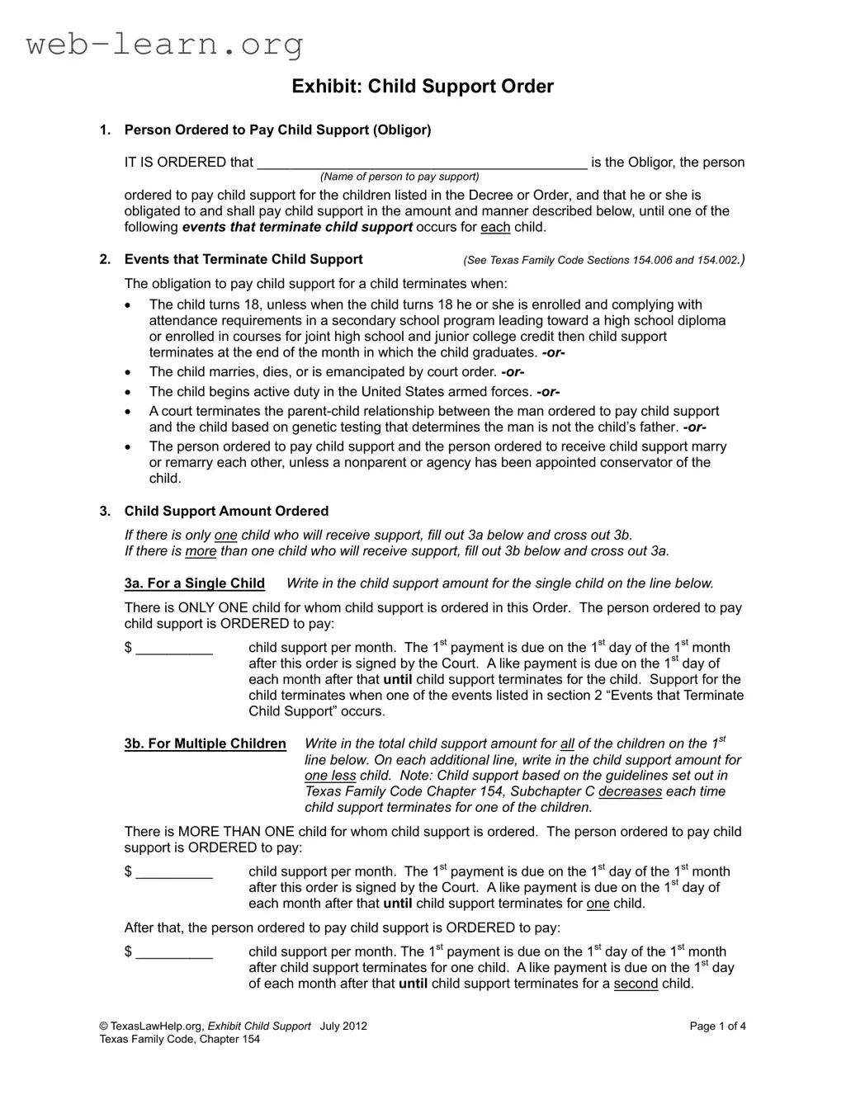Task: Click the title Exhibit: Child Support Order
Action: point(423,87)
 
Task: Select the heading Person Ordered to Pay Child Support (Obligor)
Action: point(277,130)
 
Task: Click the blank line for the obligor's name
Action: point(422,163)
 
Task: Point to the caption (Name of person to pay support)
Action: point(399,177)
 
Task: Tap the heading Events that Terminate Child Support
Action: point(243,260)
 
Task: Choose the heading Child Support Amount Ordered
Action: point(226,512)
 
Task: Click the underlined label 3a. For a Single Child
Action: point(195,584)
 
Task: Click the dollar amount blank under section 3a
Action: point(174,649)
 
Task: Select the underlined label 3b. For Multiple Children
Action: point(206,744)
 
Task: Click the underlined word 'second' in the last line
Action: point(636,984)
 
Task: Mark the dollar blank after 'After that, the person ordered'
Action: point(174,952)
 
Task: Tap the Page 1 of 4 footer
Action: point(718,1027)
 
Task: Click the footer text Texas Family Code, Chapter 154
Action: point(179,1040)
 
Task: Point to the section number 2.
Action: point(104,260)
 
